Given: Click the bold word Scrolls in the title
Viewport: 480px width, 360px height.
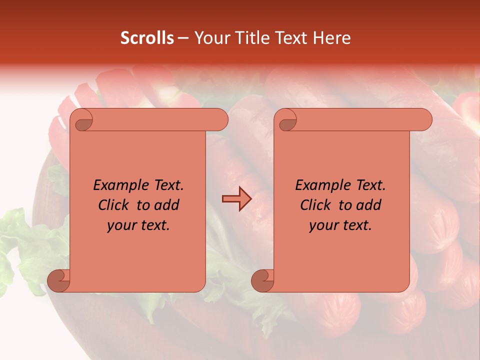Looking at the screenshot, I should pyautogui.click(x=147, y=38).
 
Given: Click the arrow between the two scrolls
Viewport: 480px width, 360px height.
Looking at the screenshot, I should pyautogui.click(x=236, y=199).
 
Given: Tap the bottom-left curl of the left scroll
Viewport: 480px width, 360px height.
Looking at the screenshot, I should pyautogui.click(x=59, y=280).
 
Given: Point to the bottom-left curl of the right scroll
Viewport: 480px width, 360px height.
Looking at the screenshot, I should pyautogui.click(x=262, y=280).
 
